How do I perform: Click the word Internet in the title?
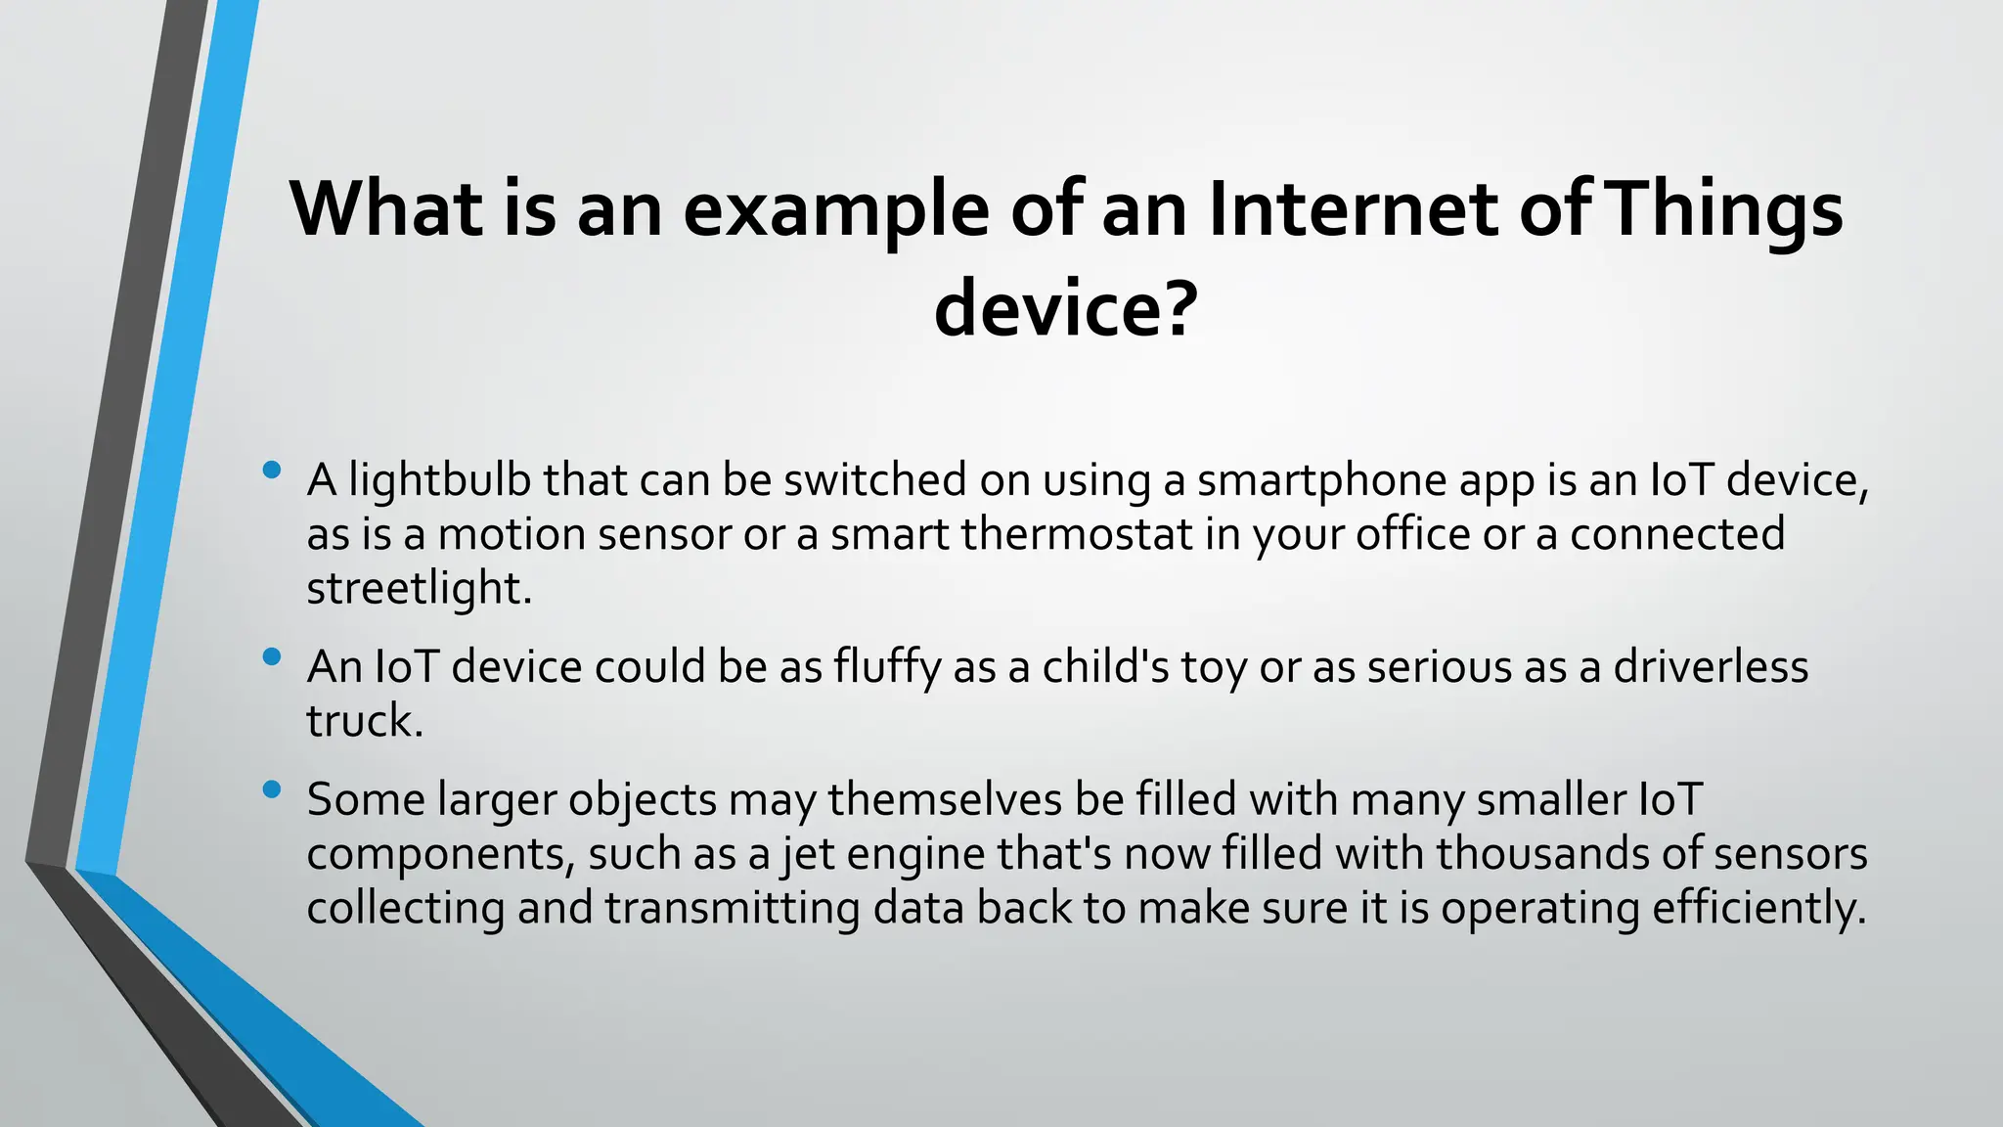click(1353, 209)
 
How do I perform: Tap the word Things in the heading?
click(1724, 209)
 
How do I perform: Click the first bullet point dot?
click(272, 471)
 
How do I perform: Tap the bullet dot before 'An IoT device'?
click(272, 657)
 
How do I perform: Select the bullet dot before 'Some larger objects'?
click(272, 789)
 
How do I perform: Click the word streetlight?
click(418, 588)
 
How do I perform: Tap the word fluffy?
click(887, 668)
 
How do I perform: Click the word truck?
click(363, 721)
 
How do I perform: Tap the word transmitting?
click(732, 908)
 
